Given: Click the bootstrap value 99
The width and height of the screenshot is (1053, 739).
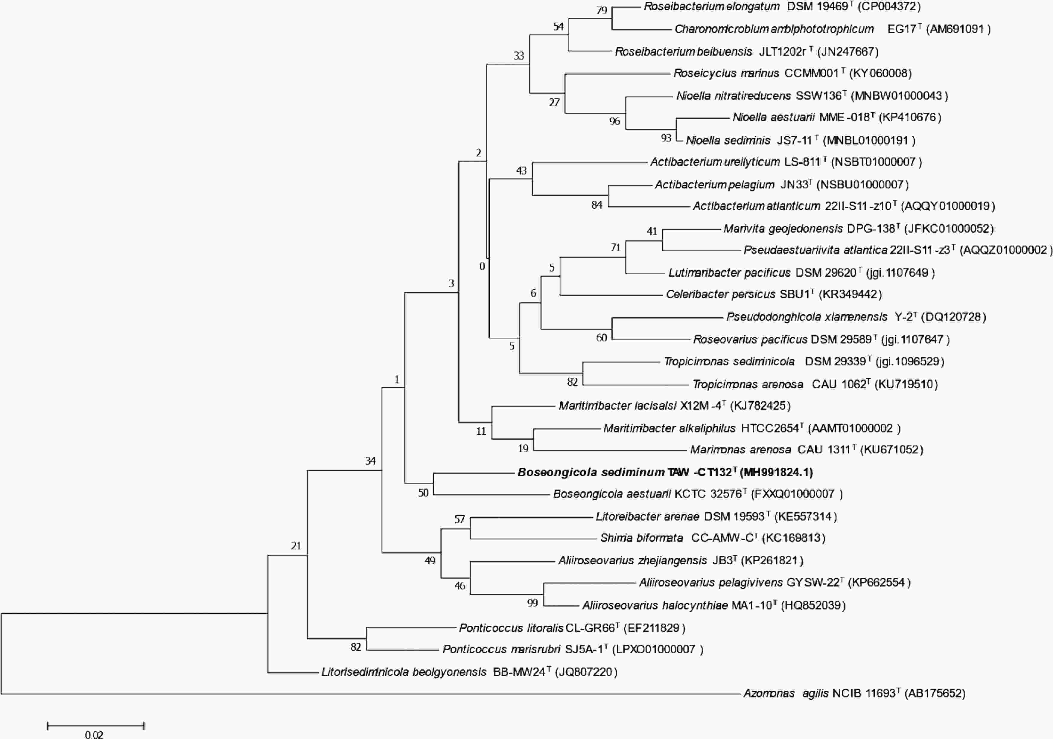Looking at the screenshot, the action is point(532,603).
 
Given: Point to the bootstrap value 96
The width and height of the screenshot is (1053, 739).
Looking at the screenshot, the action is point(614,121).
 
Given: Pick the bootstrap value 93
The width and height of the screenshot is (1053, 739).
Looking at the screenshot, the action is point(666,138).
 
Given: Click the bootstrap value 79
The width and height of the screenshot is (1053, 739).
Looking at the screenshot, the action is point(602,10).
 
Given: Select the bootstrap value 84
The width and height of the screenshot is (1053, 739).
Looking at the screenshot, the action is point(597,205).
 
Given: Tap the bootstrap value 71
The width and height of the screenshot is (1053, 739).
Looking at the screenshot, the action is point(615,248).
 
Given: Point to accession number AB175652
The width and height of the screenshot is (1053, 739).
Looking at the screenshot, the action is point(935,694).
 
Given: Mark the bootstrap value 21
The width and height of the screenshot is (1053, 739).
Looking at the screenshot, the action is point(296,546).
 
